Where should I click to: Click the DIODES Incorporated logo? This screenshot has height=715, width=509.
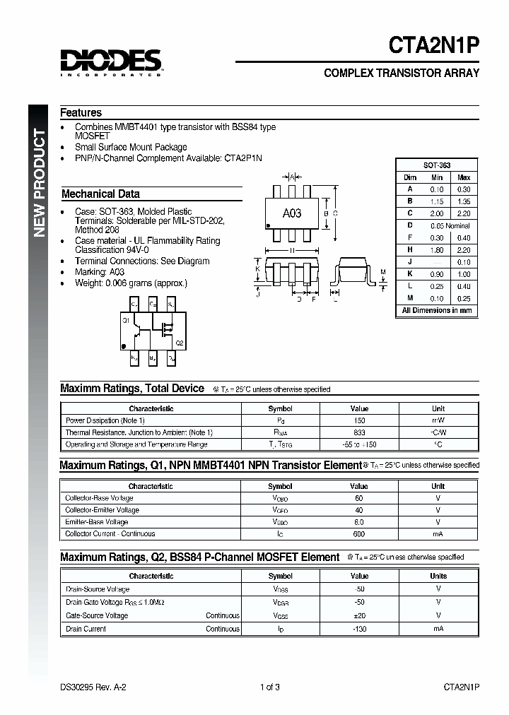pos(111,62)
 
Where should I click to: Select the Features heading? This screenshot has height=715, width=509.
pos(81,113)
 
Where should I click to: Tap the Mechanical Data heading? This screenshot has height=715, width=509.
pos(100,194)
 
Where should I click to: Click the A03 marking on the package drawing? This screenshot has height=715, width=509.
pos(292,213)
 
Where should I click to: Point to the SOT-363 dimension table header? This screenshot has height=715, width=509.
pos(437,165)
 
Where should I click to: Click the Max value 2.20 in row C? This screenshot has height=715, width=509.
pos(463,213)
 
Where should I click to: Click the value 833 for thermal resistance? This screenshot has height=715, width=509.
pos(359,432)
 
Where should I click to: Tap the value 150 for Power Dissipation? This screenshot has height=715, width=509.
pos(359,420)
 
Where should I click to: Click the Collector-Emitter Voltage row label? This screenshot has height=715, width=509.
pos(102,510)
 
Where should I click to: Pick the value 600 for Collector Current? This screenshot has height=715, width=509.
pos(359,534)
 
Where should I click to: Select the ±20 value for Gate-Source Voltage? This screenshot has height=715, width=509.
pos(359,616)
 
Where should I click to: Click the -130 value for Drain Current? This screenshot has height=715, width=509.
pos(359,629)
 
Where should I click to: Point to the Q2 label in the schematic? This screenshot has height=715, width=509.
pos(179,343)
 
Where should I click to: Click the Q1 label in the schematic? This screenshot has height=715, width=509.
pos(126,320)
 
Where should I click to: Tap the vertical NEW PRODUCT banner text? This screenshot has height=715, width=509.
pos(40,184)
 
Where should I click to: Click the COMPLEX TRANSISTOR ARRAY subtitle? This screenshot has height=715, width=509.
pos(401,73)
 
